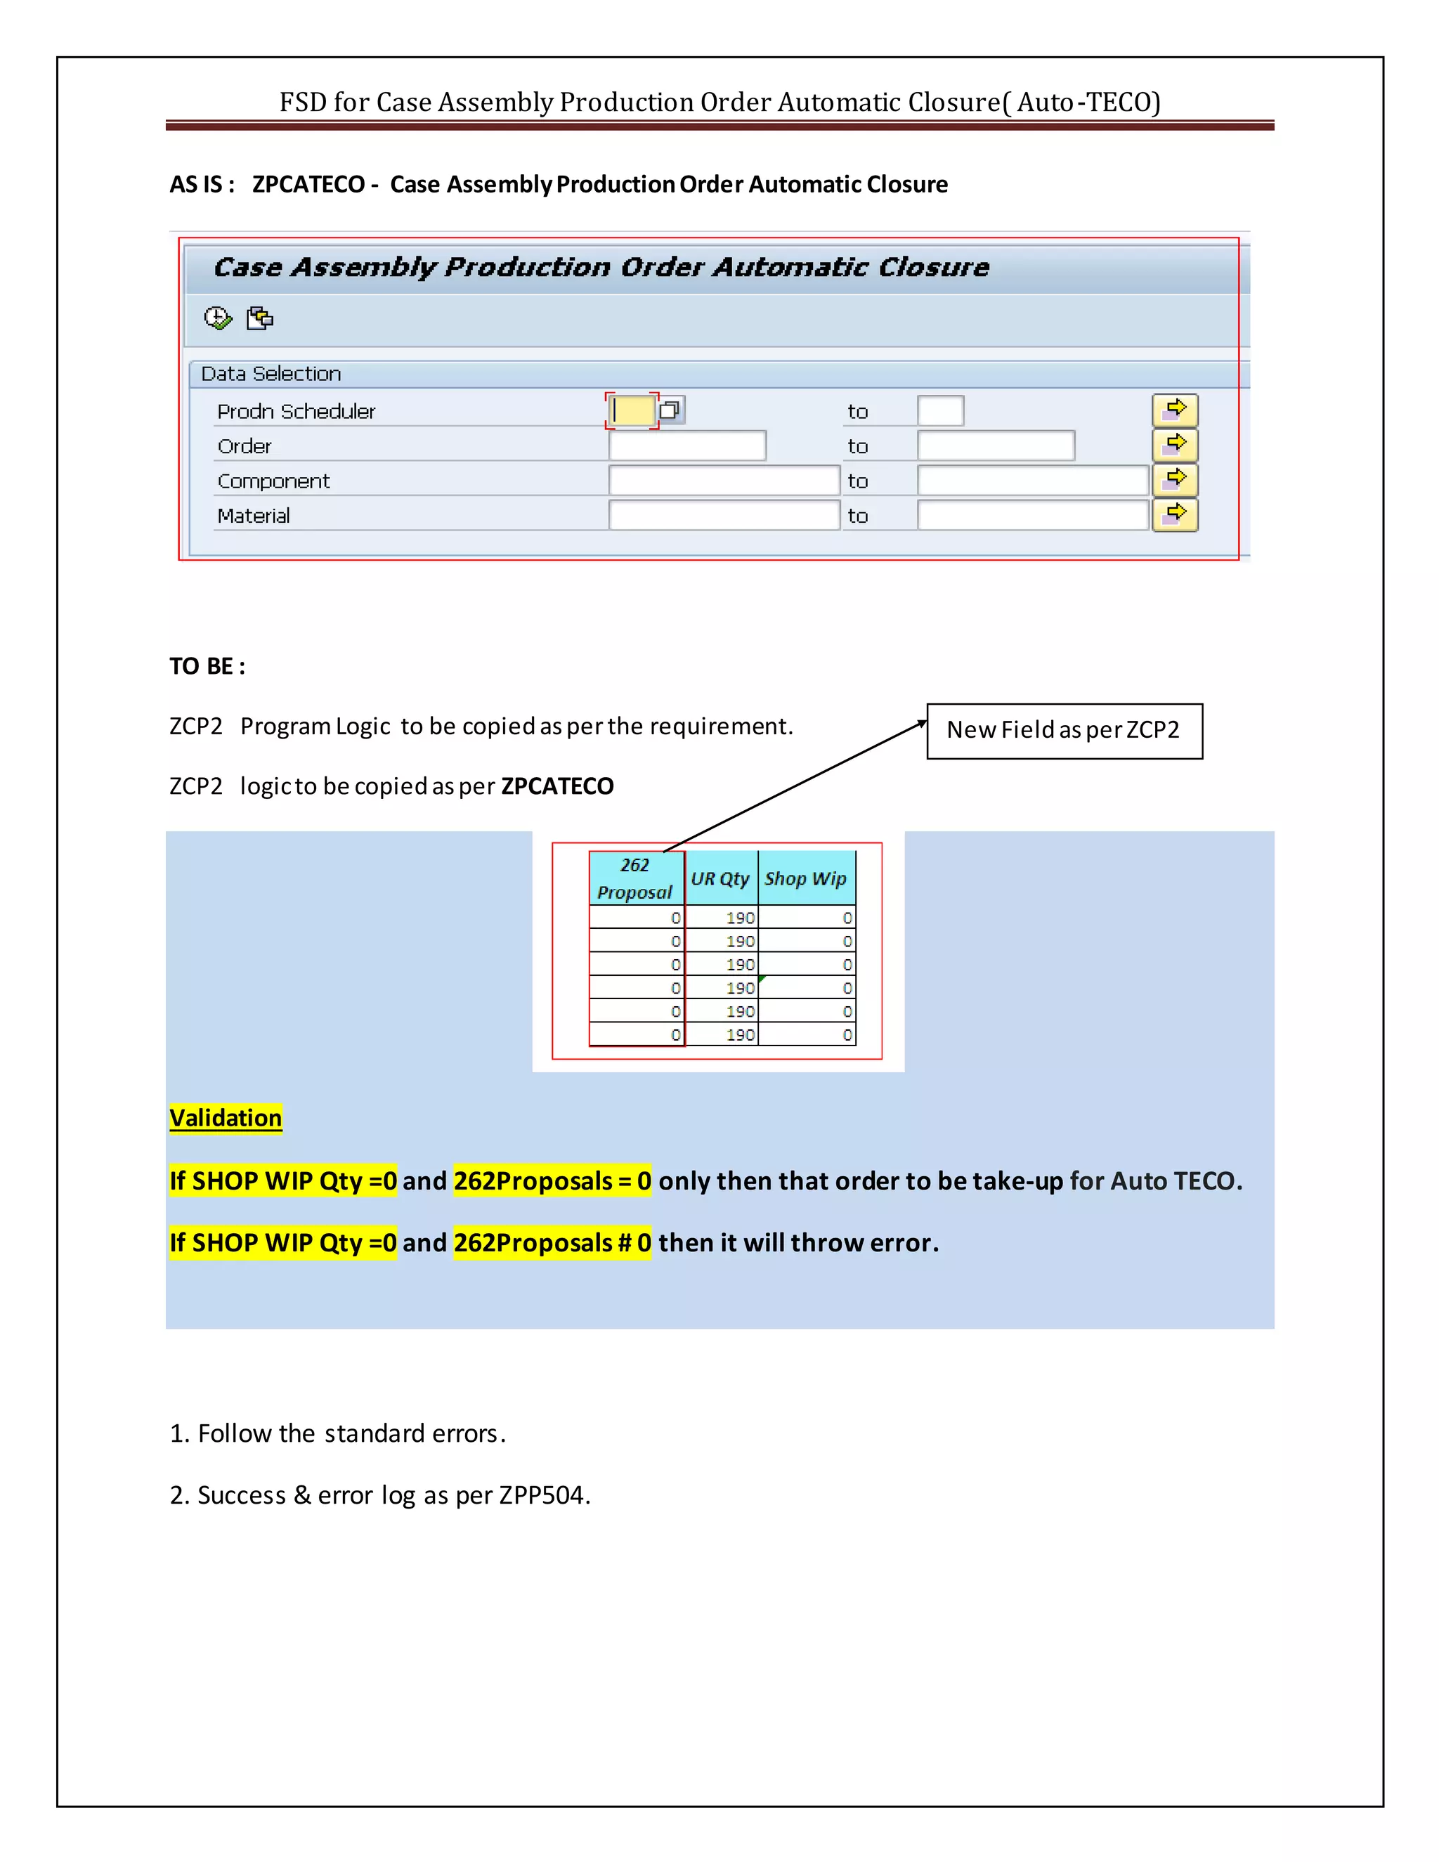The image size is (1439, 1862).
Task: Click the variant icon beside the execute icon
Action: (259, 318)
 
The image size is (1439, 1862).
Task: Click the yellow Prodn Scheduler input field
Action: (632, 411)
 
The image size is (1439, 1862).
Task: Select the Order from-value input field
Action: (687, 446)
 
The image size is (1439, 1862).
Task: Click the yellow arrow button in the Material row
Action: (1175, 515)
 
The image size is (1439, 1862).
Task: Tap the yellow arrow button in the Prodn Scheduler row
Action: (1175, 410)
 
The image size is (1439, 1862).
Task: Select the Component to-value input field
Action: (1032, 481)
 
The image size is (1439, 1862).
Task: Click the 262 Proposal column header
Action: (635, 878)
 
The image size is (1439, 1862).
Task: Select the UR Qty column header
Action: (720, 878)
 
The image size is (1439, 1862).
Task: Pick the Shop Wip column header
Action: (806, 878)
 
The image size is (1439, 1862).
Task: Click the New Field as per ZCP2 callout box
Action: (1064, 731)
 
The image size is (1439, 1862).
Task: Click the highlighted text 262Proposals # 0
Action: (552, 1242)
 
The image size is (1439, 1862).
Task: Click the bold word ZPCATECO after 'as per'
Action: (557, 786)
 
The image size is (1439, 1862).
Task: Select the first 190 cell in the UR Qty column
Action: (739, 918)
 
